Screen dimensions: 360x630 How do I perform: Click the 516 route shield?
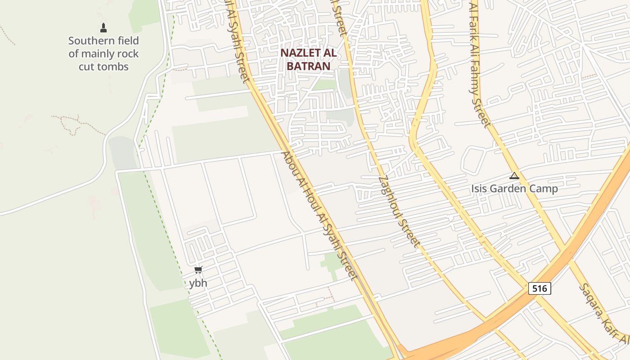click(x=539, y=288)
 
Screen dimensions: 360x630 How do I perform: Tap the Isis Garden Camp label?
click(x=514, y=189)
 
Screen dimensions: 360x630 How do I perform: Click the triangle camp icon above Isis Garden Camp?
click(x=514, y=176)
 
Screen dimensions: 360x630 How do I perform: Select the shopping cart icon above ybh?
click(x=198, y=270)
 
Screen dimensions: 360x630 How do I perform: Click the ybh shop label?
click(x=198, y=283)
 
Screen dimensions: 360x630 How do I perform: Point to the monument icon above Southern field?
click(x=103, y=28)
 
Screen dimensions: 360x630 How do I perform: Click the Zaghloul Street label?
click(x=399, y=211)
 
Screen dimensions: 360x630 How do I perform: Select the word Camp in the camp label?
click(x=545, y=189)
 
